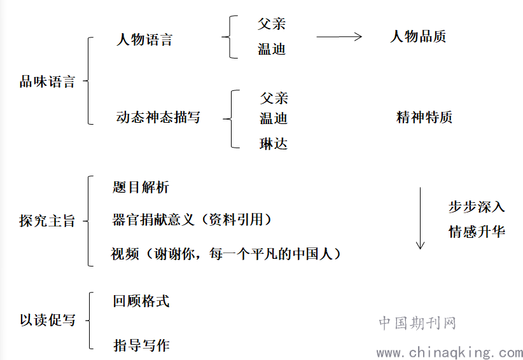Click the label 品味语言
click(47, 81)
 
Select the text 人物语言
click(144, 39)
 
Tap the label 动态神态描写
click(158, 117)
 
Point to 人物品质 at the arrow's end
click(418, 36)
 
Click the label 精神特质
click(424, 117)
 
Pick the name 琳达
click(274, 144)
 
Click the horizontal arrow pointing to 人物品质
click(339, 37)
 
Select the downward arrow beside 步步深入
click(421, 218)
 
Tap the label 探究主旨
click(47, 221)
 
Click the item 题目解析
click(141, 187)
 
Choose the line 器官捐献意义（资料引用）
click(192, 219)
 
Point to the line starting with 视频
click(226, 254)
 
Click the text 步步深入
click(477, 207)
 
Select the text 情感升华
click(477, 232)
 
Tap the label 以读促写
click(47, 320)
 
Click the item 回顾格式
click(141, 301)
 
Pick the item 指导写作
click(141, 345)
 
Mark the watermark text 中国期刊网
click(417, 323)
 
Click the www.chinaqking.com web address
click(450, 352)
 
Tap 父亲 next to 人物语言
click(272, 24)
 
